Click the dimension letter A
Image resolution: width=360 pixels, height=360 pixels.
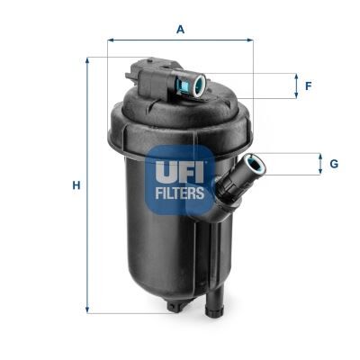[x=180, y=30]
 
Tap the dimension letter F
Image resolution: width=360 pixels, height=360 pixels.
[x=308, y=86]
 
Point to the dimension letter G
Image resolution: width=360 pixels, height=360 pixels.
[x=333, y=164]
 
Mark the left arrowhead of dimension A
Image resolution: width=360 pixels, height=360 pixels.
[x=112, y=40]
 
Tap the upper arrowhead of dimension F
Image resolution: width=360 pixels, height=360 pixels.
[x=297, y=76]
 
